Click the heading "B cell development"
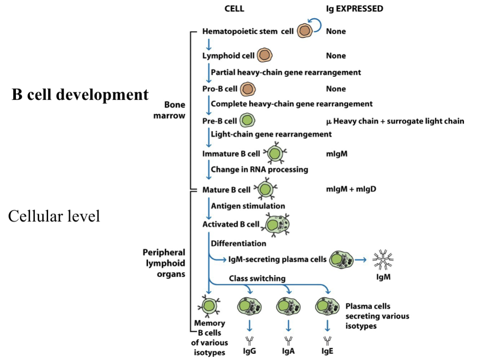click(x=80, y=95)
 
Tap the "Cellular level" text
click(x=54, y=216)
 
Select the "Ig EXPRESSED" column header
click(x=354, y=9)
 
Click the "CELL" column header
click(x=234, y=9)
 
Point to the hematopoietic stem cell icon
click(x=304, y=31)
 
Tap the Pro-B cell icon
click(x=248, y=89)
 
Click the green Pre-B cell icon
click(x=247, y=121)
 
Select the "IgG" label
click(x=249, y=352)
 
